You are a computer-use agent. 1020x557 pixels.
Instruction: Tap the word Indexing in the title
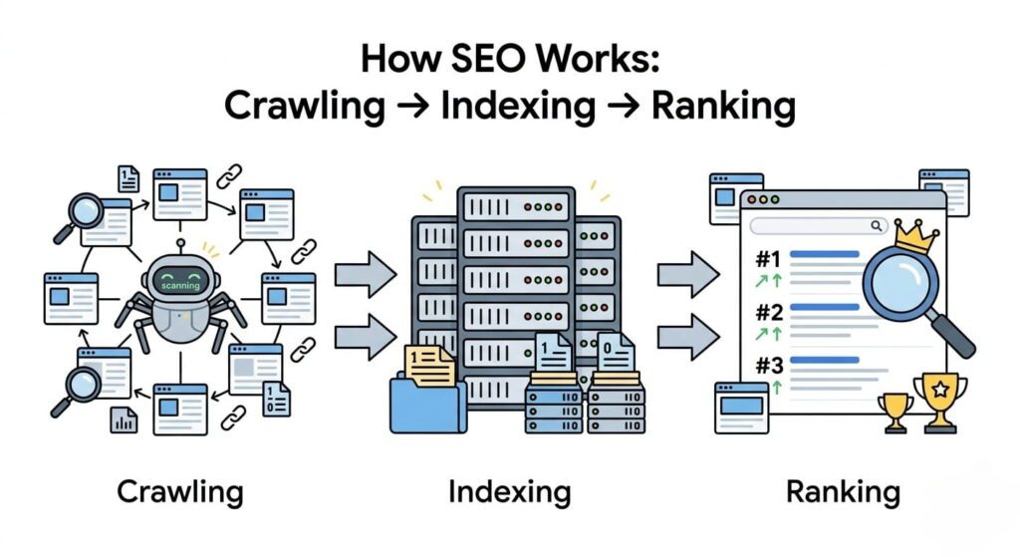click(x=533, y=105)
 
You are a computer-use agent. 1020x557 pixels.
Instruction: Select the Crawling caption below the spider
click(x=179, y=491)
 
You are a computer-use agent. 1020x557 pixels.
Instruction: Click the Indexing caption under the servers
click(x=509, y=491)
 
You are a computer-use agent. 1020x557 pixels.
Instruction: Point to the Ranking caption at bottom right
click(x=843, y=491)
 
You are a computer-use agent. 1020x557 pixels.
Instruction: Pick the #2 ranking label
click(x=768, y=312)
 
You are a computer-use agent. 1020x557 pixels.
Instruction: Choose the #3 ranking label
click(x=768, y=364)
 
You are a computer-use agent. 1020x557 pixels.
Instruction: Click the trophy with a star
click(x=939, y=397)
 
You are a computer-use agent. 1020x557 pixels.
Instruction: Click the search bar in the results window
click(x=818, y=226)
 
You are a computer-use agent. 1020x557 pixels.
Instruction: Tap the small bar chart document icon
click(x=124, y=419)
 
